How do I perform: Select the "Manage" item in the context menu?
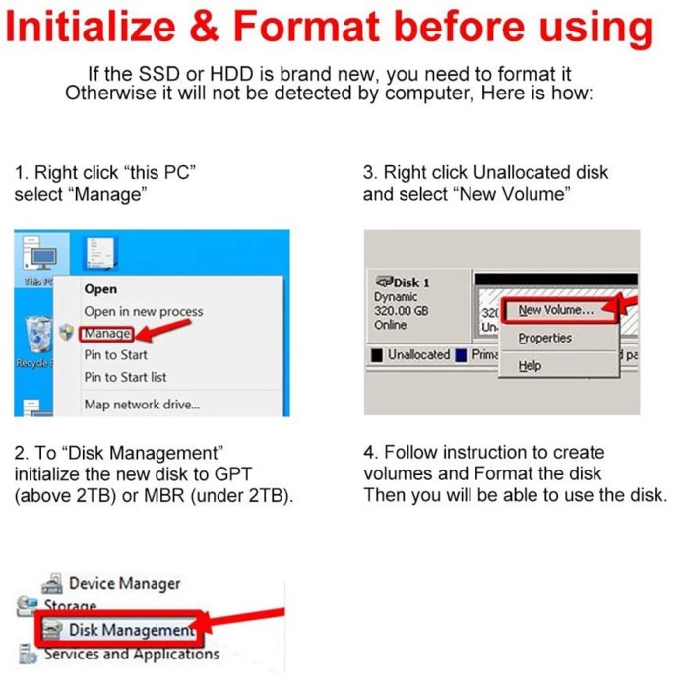(x=107, y=334)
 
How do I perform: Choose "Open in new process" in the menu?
(x=144, y=312)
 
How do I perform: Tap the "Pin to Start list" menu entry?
(x=125, y=377)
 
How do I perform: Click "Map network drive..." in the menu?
(x=142, y=404)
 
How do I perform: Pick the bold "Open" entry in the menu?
(x=100, y=289)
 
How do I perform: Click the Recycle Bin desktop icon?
(x=37, y=336)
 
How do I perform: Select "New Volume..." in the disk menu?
(x=555, y=310)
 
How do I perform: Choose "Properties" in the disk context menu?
(x=544, y=338)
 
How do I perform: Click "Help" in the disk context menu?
(x=530, y=365)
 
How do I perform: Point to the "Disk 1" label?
(x=404, y=282)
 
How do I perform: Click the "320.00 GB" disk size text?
(x=402, y=311)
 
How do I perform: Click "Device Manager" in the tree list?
(x=124, y=584)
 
